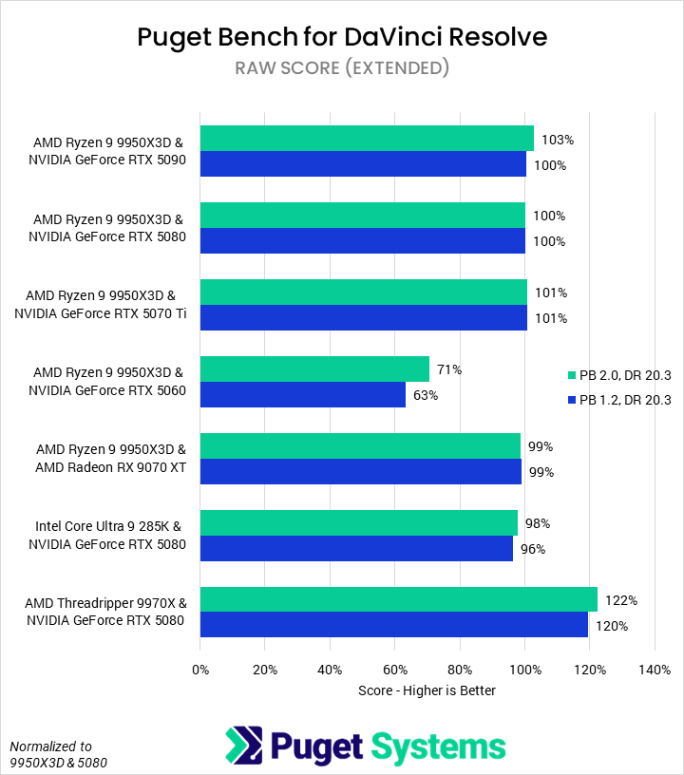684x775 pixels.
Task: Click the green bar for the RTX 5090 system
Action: pos(367,139)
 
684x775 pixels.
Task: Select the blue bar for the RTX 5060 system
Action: pos(303,394)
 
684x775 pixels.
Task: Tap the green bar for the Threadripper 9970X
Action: pos(399,599)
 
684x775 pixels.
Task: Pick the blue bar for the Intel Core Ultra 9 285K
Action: pos(356,548)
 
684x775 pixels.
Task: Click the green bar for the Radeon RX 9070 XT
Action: pos(360,446)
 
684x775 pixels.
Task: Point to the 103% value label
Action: pos(558,140)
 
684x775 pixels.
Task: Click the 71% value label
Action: pos(447,369)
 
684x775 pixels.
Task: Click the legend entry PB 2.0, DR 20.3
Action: pos(617,375)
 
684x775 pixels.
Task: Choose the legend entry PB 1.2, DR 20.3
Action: pos(617,400)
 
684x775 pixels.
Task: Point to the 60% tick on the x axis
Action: pos(395,670)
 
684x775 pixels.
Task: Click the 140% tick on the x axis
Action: pos(655,670)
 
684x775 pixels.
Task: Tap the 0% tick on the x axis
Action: pos(200,670)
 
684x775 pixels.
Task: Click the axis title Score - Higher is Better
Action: pos(427,690)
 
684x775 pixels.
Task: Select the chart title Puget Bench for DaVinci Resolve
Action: pos(342,37)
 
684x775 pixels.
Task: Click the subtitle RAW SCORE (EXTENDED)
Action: pos(342,67)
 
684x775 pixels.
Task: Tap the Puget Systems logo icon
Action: pos(242,745)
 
